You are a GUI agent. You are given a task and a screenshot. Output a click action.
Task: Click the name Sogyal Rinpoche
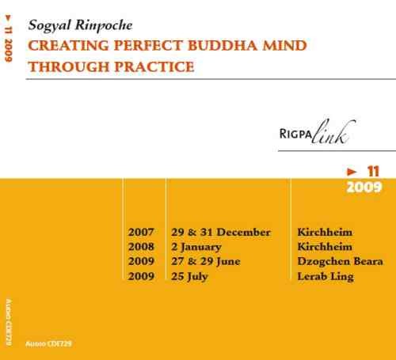pos(80,26)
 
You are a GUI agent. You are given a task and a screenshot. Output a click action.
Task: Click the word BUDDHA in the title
pos(223,45)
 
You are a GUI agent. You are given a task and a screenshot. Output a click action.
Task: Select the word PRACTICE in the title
pos(154,66)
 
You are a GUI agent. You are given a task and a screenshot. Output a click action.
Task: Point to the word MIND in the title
pos(284,45)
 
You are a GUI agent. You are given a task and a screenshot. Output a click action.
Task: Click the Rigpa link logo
pos(318,132)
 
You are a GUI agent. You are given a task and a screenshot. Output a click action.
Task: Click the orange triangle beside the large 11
pos(352,172)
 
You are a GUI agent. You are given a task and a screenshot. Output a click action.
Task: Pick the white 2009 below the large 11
pos(364,188)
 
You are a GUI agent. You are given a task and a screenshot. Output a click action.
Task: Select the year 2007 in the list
pos(141,232)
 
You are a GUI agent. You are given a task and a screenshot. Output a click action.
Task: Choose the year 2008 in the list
pos(141,247)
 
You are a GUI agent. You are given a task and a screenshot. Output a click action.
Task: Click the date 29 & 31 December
pos(221,232)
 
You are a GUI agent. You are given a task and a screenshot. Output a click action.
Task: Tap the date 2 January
pos(196,247)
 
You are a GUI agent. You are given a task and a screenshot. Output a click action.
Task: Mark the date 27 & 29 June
pos(206,261)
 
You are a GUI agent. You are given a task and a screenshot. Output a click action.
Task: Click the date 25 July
pos(189,276)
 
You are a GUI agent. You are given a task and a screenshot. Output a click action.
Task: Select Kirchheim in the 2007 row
pos(325,232)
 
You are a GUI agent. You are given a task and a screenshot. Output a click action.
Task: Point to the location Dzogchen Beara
pos(340,261)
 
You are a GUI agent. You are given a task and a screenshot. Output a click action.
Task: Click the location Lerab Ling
pos(326,276)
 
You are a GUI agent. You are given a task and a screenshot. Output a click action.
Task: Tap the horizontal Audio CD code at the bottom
pos(48,343)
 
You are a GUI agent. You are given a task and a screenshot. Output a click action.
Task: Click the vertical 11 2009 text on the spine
pos(9,44)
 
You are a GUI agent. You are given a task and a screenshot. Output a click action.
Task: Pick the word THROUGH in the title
pos(69,66)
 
